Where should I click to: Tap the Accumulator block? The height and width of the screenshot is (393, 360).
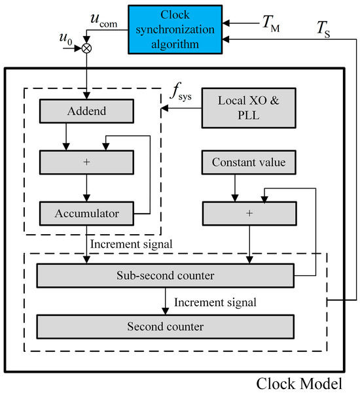86,213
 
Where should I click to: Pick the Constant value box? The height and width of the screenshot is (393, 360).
248,162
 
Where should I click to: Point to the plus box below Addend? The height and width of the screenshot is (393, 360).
86,160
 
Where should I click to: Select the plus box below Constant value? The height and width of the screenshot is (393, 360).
248,213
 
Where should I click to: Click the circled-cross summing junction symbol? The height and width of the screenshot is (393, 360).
86,48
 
